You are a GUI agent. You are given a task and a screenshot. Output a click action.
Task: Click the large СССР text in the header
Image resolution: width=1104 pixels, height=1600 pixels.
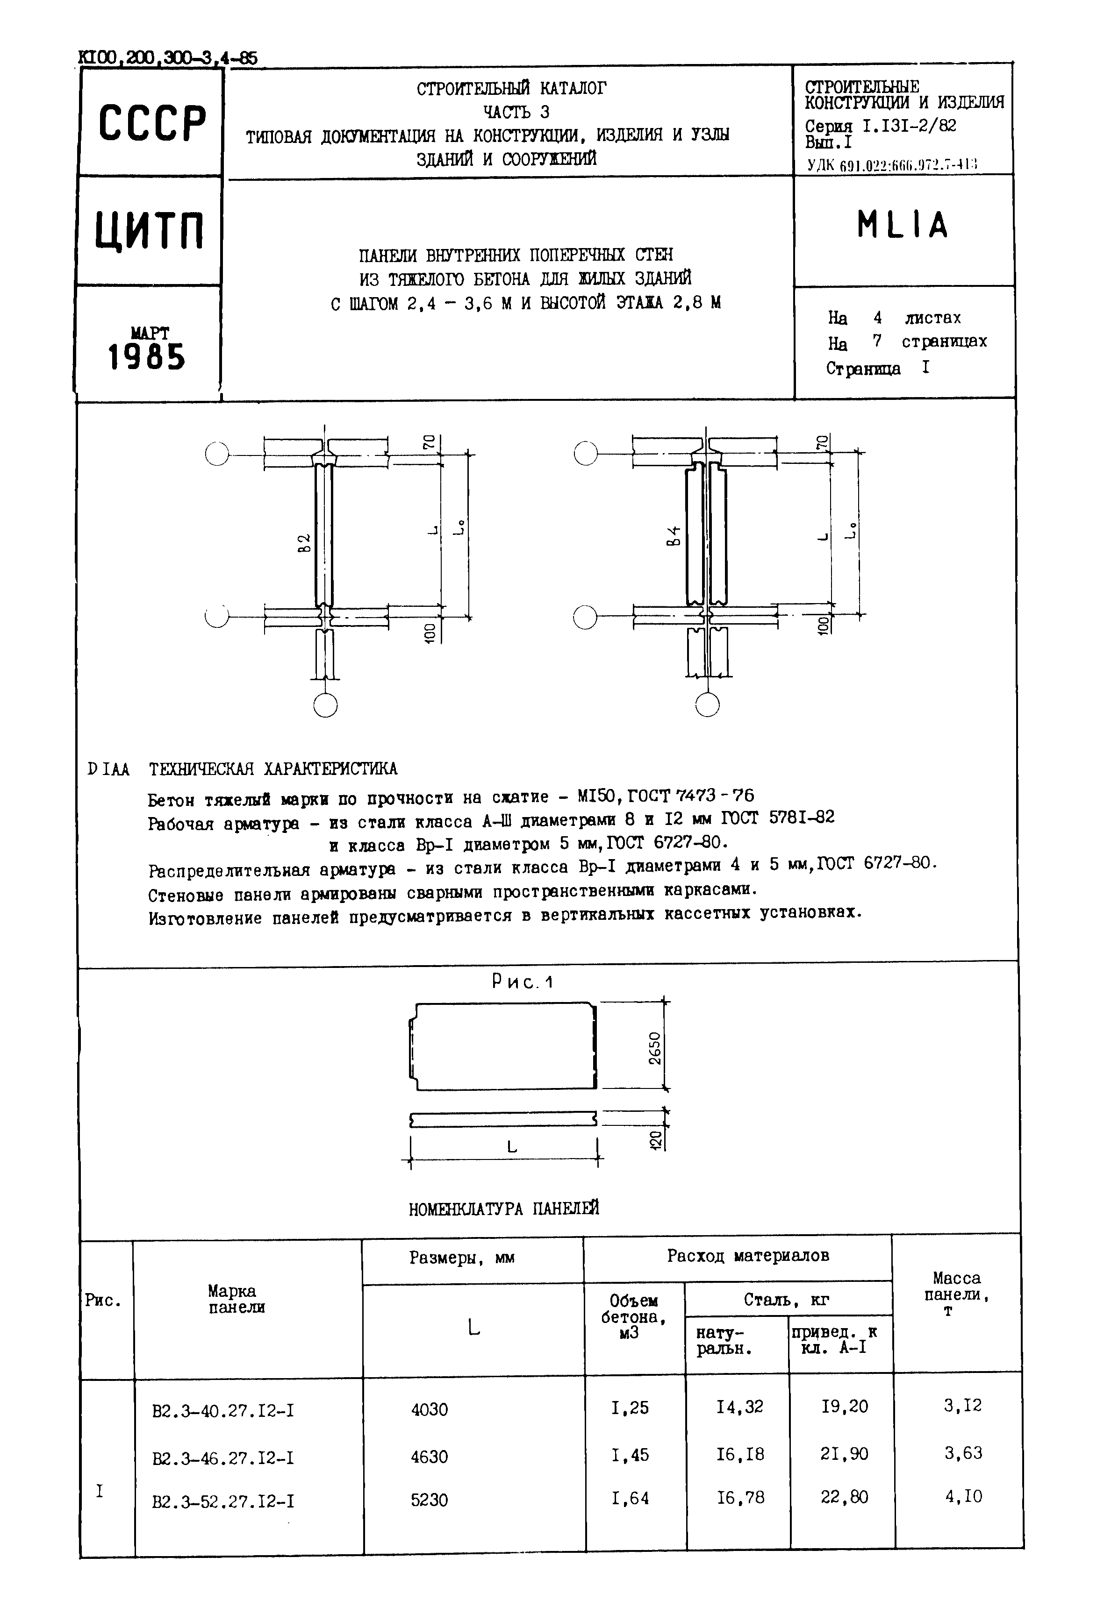tap(151, 124)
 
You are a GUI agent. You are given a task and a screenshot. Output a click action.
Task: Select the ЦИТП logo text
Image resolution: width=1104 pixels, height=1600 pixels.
tap(150, 230)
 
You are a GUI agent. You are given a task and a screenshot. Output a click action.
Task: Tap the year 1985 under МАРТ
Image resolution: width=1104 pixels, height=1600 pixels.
tap(147, 357)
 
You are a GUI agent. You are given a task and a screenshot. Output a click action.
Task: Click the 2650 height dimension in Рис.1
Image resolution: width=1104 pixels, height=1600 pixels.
tap(654, 1047)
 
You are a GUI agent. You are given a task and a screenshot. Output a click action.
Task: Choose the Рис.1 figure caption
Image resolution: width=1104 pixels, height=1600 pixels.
tap(522, 982)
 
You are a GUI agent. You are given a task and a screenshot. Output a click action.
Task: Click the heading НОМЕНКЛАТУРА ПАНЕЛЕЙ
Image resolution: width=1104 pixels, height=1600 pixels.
tap(503, 1208)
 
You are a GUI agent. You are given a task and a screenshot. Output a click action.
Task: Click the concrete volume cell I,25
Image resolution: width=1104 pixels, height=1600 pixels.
tap(630, 1408)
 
